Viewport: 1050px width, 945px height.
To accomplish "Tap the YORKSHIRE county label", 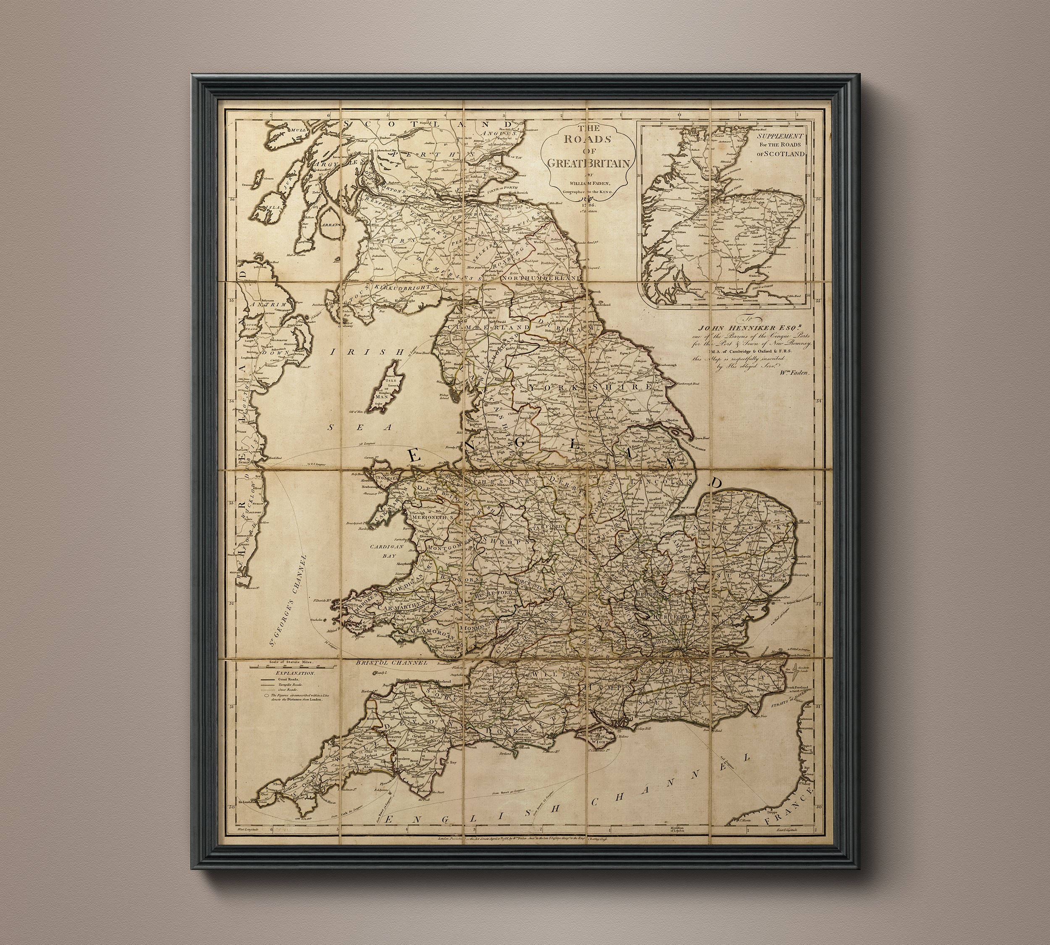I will coord(589,388).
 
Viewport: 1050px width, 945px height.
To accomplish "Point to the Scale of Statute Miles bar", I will coord(292,667).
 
